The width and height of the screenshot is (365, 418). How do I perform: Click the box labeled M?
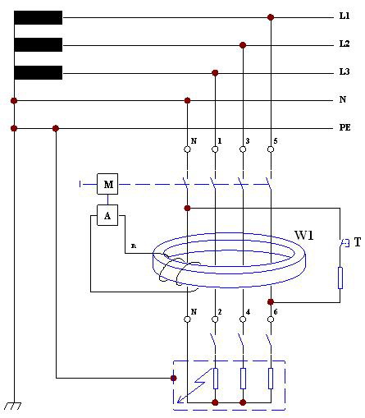tap(107, 184)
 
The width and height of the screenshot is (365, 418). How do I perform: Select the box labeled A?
tap(107, 215)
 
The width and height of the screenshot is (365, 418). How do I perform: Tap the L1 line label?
tap(344, 16)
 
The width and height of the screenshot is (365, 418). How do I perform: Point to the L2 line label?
tap(344, 44)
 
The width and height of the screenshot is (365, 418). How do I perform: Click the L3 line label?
tap(344, 71)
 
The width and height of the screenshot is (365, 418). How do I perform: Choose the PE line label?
tap(344, 127)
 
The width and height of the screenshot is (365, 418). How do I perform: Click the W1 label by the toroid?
tap(303, 235)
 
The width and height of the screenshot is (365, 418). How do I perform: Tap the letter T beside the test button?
tap(358, 242)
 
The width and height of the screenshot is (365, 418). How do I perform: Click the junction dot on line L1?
tap(271, 17)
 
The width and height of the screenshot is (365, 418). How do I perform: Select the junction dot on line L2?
tap(243, 45)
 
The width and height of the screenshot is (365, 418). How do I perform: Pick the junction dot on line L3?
tap(215, 73)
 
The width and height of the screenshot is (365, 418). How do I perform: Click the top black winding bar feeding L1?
tap(39, 18)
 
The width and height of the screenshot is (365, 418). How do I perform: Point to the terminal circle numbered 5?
tap(271, 149)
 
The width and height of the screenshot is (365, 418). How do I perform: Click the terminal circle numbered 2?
tap(215, 319)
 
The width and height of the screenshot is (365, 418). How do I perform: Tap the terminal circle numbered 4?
tap(243, 319)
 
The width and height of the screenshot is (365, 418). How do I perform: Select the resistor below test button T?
tap(340, 278)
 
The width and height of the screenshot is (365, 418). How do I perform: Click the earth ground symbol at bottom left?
tap(12, 406)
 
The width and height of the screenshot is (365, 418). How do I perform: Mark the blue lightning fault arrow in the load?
tap(194, 386)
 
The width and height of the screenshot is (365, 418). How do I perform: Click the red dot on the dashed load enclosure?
tap(174, 379)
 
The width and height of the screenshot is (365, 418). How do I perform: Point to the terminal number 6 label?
tap(276, 312)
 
